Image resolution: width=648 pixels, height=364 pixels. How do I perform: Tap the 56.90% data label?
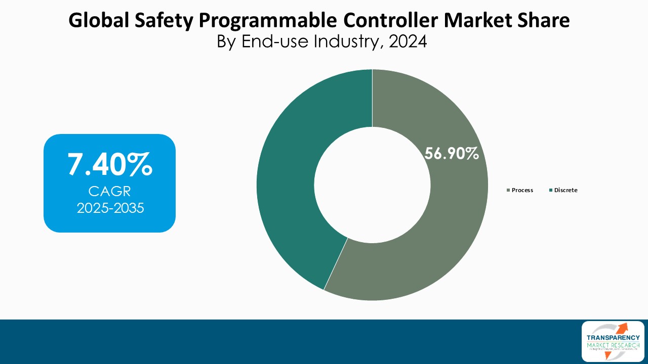(x=452, y=154)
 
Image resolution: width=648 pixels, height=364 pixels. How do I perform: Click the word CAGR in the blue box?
(x=109, y=191)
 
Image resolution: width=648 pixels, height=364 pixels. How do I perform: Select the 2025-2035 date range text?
(x=109, y=208)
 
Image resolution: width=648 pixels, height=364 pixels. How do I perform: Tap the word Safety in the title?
(x=166, y=21)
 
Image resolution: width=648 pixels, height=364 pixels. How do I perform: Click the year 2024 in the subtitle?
(x=408, y=41)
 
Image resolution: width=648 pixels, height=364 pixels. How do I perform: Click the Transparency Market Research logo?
(x=613, y=341)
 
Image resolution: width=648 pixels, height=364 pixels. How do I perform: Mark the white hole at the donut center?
(x=372, y=185)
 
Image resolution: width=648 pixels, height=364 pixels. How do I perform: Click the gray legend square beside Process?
(x=508, y=191)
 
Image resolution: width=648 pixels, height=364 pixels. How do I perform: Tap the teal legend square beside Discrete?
(x=551, y=191)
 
